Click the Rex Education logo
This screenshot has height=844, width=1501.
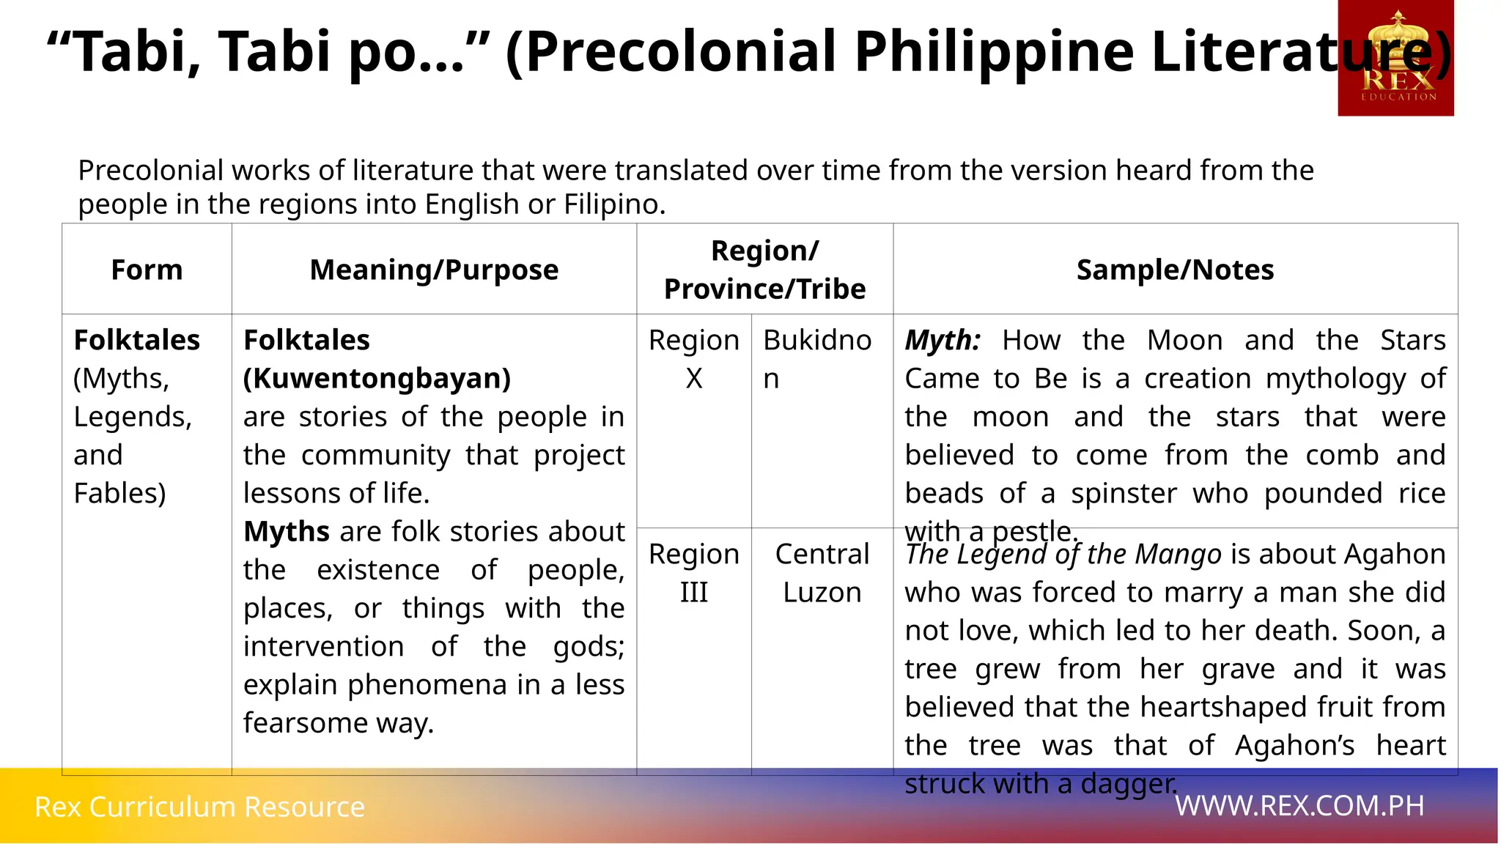pyautogui.click(x=1395, y=59)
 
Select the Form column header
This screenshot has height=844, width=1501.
pyautogui.click(x=147, y=270)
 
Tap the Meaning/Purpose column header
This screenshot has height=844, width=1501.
pyautogui.click(x=434, y=270)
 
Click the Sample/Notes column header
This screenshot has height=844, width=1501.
pyautogui.click(x=1175, y=270)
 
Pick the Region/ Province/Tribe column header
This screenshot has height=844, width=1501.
pyautogui.click(x=764, y=270)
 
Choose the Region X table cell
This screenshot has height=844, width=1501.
pyautogui.click(x=693, y=359)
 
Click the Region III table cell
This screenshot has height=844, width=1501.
pyautogui.click(x=693, y=573)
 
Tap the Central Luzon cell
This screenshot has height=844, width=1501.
pyautogui.click(x=822, y=573)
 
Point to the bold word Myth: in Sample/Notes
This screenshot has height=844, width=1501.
pyautogui.click(x=942, y=341)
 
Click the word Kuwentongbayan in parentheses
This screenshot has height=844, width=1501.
pyautogui.click(x=377, y=379)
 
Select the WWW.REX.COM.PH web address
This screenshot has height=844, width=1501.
pyautogui.click(x=1299, y=806)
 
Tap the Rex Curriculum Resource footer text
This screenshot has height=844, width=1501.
pyautogui.click(x=199, y=807)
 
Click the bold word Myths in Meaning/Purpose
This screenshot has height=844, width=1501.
pyautogui.click(x=286, y=532)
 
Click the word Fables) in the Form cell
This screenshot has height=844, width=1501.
pyautogui.click(x=119, y=494)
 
